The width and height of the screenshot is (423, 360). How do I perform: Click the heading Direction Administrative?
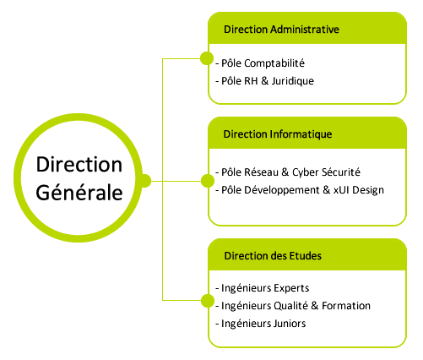(281, 30)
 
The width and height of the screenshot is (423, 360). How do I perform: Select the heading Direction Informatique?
(278, 134)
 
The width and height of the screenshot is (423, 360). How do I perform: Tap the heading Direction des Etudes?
(273, 256)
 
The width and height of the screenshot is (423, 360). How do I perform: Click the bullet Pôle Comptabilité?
(260, 63)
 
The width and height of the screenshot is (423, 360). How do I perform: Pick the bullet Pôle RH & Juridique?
(265, 81)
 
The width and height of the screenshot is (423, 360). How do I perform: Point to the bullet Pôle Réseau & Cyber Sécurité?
(288, 172)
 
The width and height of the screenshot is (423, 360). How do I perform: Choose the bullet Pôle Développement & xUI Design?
(300, 190)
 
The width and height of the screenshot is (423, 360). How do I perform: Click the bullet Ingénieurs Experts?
(263, 288)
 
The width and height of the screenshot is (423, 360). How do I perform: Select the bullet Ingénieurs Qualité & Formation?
(293, 306)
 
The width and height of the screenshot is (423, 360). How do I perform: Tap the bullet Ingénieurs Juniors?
(261, 324)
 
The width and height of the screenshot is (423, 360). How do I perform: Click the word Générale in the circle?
(79, 193)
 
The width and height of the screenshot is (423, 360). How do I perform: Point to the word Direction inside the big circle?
(79, 164)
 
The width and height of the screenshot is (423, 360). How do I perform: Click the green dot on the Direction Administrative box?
(207, 58)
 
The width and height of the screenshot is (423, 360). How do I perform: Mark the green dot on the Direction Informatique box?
(208, 181)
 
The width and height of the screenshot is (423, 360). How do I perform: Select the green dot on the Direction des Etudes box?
(208, 300)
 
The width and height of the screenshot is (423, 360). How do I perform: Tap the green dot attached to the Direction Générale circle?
(145, 181)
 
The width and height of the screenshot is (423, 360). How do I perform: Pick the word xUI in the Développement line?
(341, 190)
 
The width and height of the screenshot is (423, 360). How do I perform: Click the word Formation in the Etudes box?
(346, 306)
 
